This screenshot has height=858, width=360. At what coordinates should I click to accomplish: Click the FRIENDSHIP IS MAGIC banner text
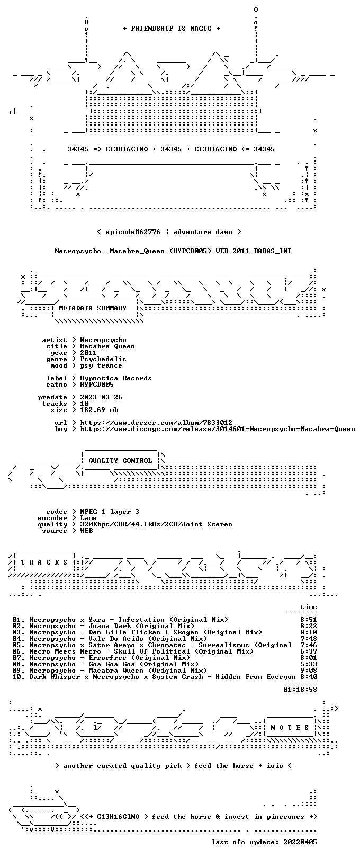pyautogui.click(x=171, y=29)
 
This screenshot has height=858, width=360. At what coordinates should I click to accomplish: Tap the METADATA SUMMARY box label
pyautogui.click(x=93, y=308)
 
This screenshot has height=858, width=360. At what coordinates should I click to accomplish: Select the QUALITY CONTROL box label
pyautogui.click(x=120, y=460)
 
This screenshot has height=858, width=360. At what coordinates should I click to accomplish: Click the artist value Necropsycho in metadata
pyautogui.click(x=103, y=340)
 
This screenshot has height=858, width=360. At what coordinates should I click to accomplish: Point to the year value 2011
pyautogui.click(x=88, y=353)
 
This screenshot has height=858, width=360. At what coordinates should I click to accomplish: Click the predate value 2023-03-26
pyautogui.click(x=101, y=397)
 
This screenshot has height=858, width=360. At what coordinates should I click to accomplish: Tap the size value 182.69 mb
pyautogui.click(x=99, y=410)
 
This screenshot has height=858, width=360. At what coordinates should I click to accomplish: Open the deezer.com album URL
pyautogui.click(x=156, y=423)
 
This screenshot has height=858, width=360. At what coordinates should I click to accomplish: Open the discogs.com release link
pyautogui.click(x=218, y=429)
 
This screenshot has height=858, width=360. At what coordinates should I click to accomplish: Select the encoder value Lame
pyautogui.click(x=88, y=518)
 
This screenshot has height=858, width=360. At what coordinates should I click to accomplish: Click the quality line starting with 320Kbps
pyautogui.click(x=156, y=524)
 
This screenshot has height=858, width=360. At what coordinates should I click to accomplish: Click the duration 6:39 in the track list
pyautogui.click(x=309, y=651)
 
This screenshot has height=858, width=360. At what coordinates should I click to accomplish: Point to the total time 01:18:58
pyautogui.click(x=300, y=690)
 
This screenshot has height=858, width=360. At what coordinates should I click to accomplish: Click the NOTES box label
pyautogui.click(x=290, y=727)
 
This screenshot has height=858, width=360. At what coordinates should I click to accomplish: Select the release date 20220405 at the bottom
pyautogui.click(x=300, y=842)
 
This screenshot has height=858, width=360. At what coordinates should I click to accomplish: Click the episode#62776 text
pyautogui.click(x=133, y=232)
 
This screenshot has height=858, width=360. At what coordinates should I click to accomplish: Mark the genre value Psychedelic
pyautogui.click(x=103, y=359)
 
